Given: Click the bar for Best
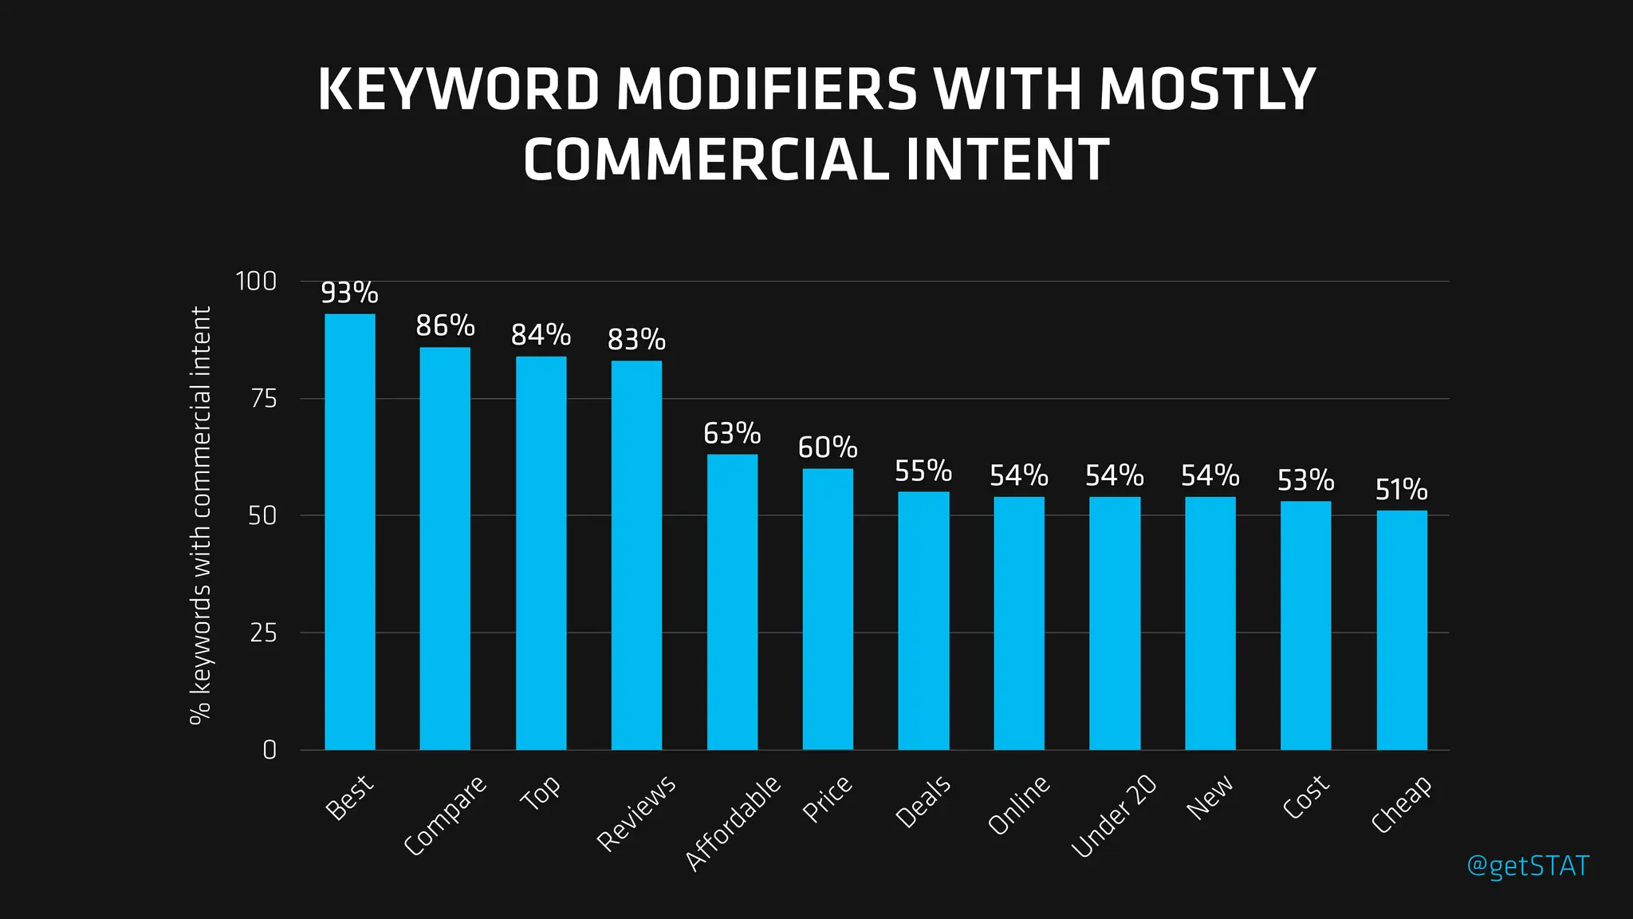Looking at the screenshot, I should [349, 532].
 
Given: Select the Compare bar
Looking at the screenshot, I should [445, 549].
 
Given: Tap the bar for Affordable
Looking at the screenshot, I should [732, 602].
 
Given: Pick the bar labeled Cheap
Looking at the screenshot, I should [1402, 630].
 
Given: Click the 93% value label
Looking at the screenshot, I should [349, 293].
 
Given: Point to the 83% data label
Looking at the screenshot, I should [636, 340].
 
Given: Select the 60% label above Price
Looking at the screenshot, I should [828, 447].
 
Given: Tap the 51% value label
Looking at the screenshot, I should [1402, 489].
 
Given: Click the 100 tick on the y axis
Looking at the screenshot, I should [256, 281].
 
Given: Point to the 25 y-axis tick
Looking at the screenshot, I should [263, 633].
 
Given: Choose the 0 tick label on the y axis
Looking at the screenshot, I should [270, 750].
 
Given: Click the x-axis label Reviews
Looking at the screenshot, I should [636, 812].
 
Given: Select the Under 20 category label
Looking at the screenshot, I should [1113, 816].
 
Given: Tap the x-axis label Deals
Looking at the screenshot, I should [923, 801].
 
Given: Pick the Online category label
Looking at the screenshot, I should [1019, 805].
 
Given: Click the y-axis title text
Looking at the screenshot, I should [200, 515].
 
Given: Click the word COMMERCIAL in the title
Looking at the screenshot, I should [706, 159].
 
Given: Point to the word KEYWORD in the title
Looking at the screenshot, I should [458, 89].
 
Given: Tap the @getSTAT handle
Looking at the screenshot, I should [1528, 866].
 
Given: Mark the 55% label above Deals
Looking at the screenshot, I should [923, 471].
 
